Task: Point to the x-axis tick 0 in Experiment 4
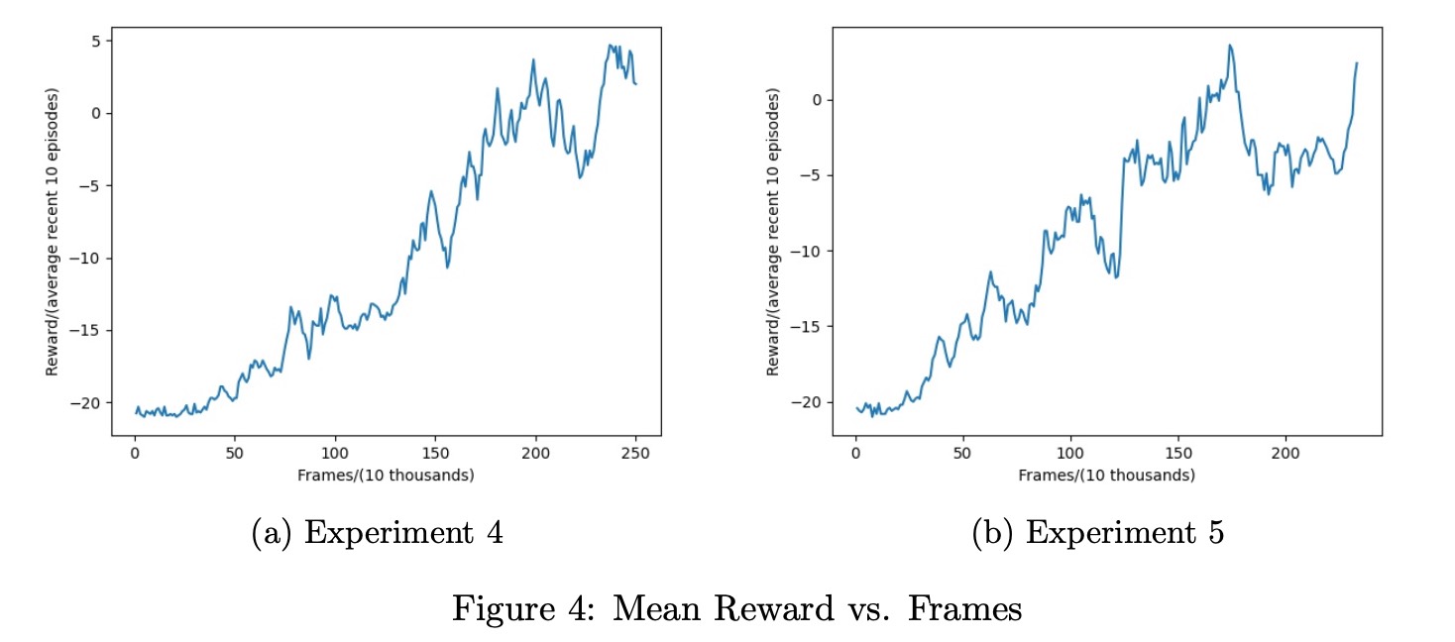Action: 135,455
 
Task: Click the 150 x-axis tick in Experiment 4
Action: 435,455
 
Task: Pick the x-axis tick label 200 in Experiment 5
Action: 1286,455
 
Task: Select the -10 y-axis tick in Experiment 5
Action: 808,251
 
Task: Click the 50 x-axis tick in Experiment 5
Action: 962,455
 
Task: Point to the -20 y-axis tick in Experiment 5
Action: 808,402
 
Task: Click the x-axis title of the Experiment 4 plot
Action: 386,476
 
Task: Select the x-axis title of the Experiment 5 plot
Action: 1106,476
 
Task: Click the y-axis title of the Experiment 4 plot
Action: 52,232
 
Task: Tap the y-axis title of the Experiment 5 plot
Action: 772,232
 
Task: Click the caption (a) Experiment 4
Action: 378,533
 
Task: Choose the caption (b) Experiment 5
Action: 1099,533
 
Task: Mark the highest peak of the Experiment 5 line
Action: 1230,45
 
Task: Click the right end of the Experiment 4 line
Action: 635,84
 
